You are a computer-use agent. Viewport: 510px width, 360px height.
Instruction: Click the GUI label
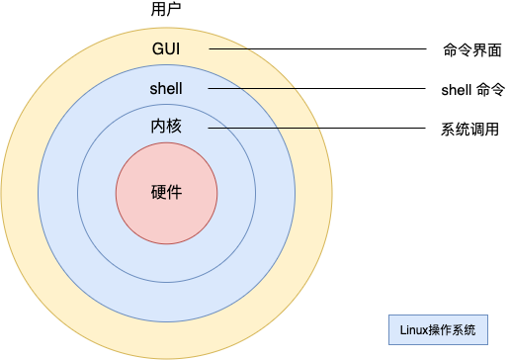click(x=166, y=48)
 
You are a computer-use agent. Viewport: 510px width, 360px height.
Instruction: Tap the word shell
click(x=166, y=89)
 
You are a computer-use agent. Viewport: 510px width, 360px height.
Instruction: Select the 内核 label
click(x=166, y=127)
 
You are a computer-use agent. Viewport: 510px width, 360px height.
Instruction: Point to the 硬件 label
click(x=166, y=192)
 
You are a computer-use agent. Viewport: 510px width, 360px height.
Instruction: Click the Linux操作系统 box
click(x=438, y=329)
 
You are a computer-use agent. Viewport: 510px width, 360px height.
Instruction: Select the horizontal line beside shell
click(x=253, y=89)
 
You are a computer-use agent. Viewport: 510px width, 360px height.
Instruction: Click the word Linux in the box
click(x=414, y=329)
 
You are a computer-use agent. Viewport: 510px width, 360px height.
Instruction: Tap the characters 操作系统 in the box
click(x=453, y=329)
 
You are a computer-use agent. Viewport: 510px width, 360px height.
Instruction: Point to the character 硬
click(x=158, y=192)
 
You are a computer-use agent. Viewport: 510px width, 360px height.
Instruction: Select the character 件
click(x=175, y=192)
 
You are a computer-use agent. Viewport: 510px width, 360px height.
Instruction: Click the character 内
click(x=158, y=127)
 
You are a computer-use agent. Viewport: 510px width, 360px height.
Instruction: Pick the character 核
click(x=174, y=127)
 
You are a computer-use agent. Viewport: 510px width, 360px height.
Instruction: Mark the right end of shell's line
click(x=297, y=89)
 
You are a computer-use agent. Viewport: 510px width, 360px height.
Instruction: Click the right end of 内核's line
click(x=322, y=128)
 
